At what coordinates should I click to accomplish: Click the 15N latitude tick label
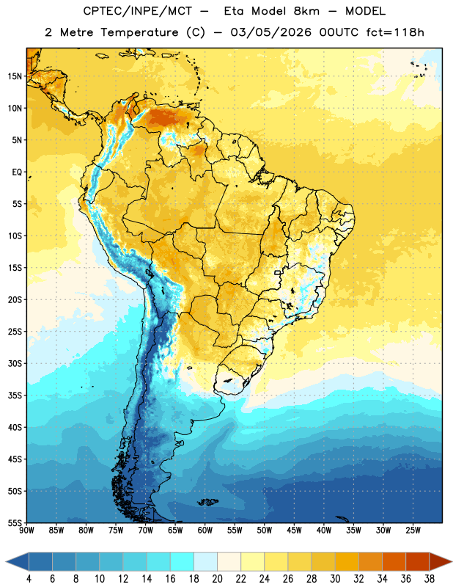pos(15,76)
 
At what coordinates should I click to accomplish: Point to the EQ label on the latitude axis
pos(17,172)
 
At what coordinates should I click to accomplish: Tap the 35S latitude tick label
pos(15,395)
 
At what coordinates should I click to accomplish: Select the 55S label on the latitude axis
pos(15,523)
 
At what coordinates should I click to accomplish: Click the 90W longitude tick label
pos(26,531)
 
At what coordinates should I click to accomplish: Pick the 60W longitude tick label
pos(205,531)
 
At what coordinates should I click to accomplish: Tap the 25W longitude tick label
pos(413,531)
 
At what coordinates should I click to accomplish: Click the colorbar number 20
pos(217,579)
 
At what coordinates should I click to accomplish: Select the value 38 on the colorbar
pos(429,579)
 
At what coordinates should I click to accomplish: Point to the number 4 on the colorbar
pos(29,579)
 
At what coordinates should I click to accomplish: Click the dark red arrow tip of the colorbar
pos(451,561)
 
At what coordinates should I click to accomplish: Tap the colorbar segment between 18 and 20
pos(206,561)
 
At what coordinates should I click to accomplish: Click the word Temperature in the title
pos(139,32)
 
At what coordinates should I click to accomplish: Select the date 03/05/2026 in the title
pos(270,32)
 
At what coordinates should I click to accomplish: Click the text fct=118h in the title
pos(395,32)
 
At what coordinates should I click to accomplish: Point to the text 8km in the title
pos(306,11)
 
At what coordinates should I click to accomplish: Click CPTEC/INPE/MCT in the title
pos(138,11)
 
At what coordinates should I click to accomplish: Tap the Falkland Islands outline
pos(208,502)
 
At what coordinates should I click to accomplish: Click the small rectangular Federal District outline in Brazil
pos(278,272)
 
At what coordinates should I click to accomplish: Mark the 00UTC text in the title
pos(339,32)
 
